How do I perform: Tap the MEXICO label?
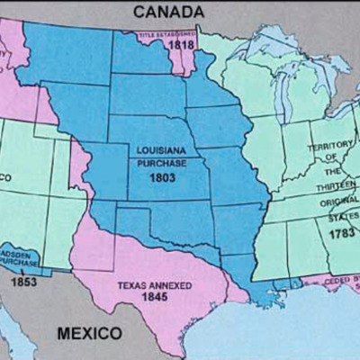(x=90, y=333)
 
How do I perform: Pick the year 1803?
(x=162, y=177)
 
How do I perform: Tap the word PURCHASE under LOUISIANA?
(x=161, y=164)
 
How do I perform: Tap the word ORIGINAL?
(x=337, y=201)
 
